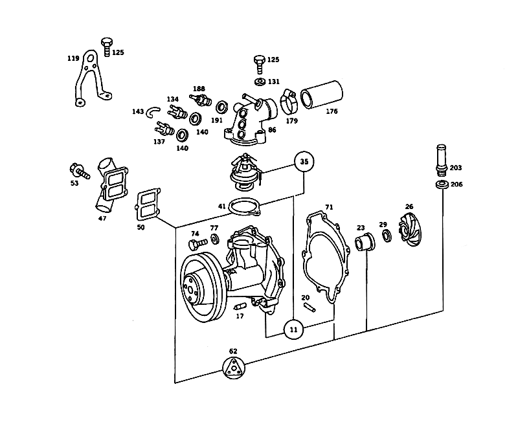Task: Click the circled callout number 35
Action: point(304,161)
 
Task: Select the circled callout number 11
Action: point(294,329)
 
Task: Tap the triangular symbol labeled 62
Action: point(234,368)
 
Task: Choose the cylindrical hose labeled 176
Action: point(321,94)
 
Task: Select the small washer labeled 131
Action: point(260,82)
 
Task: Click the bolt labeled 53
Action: point(79,171)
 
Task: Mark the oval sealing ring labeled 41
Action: point(245,207)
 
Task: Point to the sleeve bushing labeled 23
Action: point(365,241)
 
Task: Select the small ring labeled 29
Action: point(386,236)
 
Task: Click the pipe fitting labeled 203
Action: point(442,161)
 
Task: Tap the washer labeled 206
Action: point(442,185)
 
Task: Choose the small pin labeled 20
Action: point(310,307)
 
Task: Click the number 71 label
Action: point(329,207)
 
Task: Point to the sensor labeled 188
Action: point(201,100)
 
